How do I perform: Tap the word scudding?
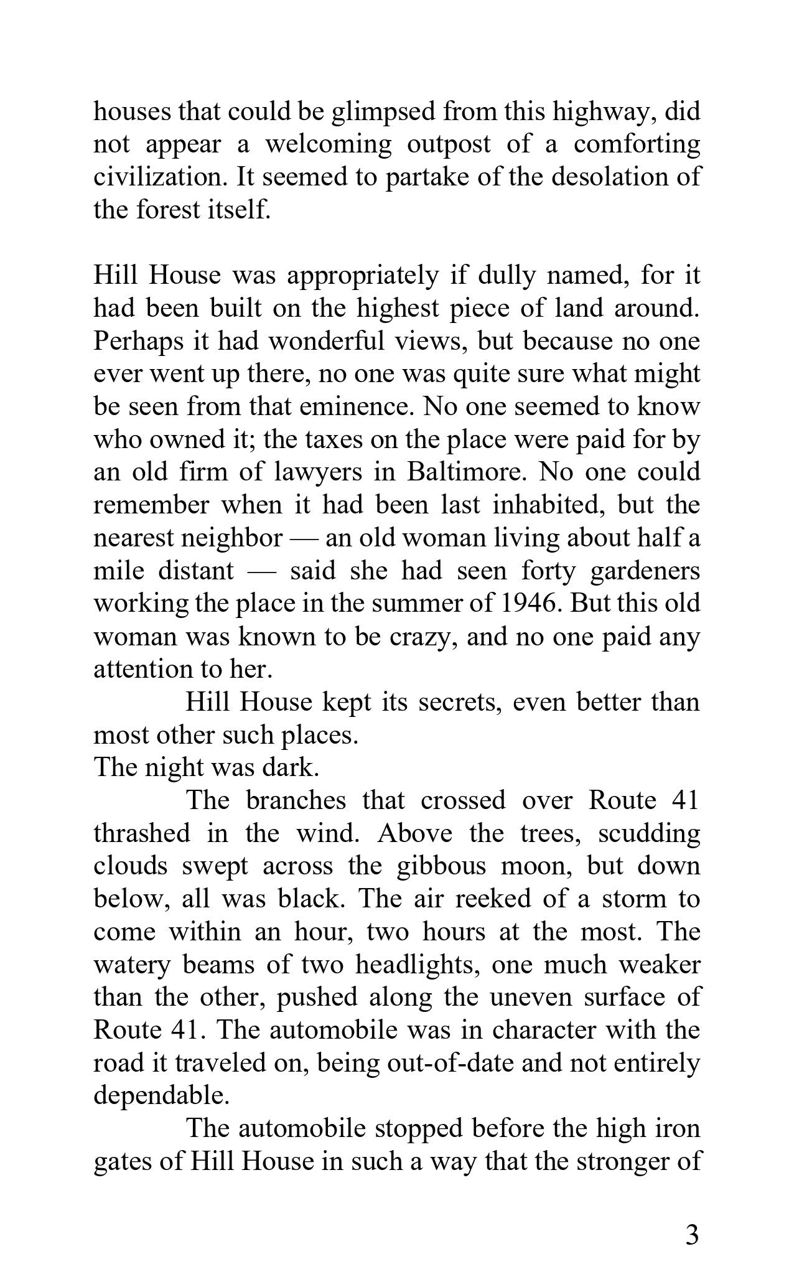(x=649, y=833)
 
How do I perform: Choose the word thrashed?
(x=142, y=833)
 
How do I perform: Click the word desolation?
(x=597, y=177)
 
